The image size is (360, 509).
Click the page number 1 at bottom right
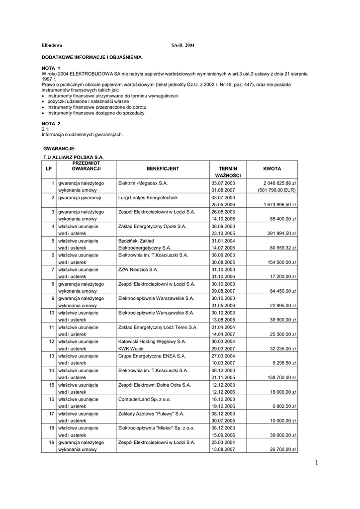click(x=316, y=463)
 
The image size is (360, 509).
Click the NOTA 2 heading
click(x=51, y=123)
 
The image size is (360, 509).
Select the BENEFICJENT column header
click(x=163, y=169)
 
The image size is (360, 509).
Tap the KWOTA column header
click(x=272, y=169)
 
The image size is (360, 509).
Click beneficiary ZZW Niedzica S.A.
click(x=138, y=269)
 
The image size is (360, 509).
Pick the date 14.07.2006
click(x=223, y=248)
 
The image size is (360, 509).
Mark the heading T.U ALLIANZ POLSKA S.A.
click(x=74, y=157)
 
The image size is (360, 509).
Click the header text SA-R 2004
click(x=183, y=45)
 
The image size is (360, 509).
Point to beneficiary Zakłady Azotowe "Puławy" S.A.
click(x=151, y=414)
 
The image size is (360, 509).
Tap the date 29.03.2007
click(x=223, y=348)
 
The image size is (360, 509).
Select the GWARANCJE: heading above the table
click(x=60, y=149)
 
